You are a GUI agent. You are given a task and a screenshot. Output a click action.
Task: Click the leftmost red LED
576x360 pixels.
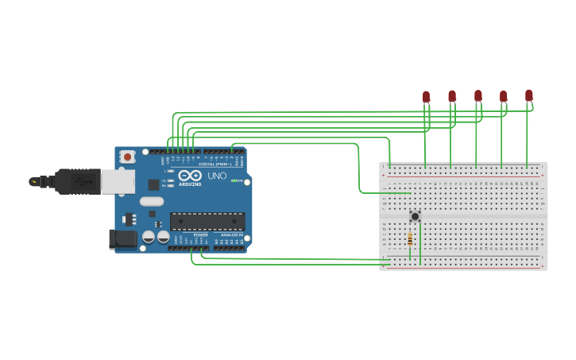426,96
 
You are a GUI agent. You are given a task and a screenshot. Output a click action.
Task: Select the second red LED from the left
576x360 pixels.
452,96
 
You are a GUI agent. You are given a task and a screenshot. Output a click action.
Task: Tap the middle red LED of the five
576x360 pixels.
478,95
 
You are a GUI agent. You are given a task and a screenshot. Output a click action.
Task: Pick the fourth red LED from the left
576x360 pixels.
504,96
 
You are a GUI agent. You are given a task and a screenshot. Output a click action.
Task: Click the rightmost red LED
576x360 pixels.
529,95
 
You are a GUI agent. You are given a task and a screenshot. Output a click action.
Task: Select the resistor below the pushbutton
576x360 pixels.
410,240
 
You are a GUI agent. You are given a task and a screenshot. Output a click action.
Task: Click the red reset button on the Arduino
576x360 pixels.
127,157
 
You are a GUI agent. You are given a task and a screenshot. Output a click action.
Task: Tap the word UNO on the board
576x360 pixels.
217,176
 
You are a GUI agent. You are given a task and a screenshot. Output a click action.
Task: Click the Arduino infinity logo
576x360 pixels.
190,176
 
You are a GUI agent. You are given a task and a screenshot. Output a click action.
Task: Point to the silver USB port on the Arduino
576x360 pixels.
116,181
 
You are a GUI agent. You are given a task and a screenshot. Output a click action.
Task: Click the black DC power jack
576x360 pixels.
122,238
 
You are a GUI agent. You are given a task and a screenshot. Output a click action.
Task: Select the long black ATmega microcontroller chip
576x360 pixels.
207,221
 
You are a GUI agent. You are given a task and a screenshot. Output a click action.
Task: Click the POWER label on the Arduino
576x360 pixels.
200,235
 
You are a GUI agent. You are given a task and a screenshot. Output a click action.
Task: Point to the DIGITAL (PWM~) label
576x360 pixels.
213,164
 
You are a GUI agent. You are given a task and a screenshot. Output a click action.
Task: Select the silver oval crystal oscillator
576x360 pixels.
151,201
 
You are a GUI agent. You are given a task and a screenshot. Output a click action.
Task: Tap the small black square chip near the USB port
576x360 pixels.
153,184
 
